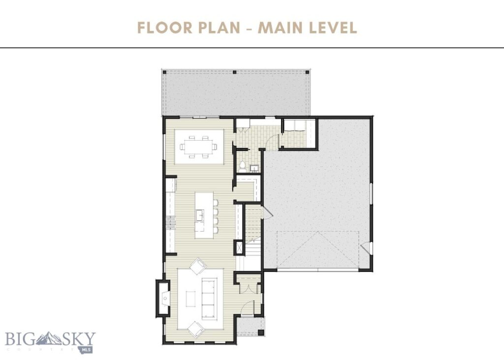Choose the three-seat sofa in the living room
click(x=210, y=298)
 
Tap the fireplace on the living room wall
click(x=162, y=298)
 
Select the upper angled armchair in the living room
click(x=199, y=266)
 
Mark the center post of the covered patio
click(x=235, y=72)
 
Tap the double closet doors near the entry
click(x=249, y=288)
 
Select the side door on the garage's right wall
click(x=365, y=248)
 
